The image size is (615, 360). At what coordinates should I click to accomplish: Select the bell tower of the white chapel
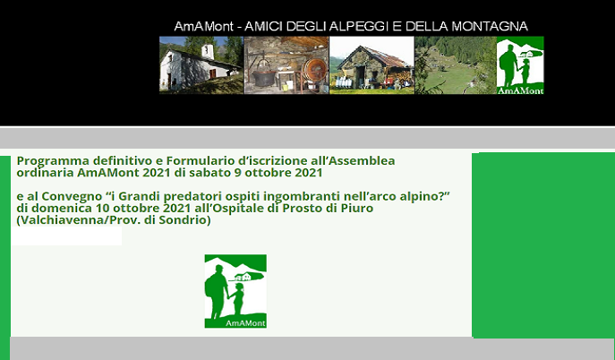tap(208, 51)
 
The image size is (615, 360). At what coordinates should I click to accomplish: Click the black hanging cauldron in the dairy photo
tap(264, 76)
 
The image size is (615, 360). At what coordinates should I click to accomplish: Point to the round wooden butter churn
tap(314, 71)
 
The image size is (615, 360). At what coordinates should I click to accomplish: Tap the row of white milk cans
tap(344, 82)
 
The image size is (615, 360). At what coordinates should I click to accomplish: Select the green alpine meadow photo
tap(456, 65)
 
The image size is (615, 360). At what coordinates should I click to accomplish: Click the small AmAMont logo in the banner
tap(520, 65)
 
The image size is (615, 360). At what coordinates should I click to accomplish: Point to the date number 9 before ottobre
tap(238, 173)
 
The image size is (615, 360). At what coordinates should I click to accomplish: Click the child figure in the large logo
tap(238, 299)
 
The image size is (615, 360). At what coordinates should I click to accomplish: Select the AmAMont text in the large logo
tap(245, 323)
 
